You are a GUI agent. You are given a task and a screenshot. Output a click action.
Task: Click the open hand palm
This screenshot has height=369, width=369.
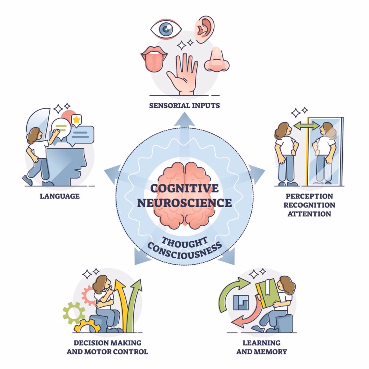tap(182, 74)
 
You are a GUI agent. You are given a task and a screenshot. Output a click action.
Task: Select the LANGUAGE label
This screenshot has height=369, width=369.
tap(60, 196)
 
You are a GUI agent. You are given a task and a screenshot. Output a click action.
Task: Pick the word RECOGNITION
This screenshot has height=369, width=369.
tap(309, 205)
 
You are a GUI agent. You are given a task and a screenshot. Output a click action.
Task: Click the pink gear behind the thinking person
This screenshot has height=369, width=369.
tap(88, 295)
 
